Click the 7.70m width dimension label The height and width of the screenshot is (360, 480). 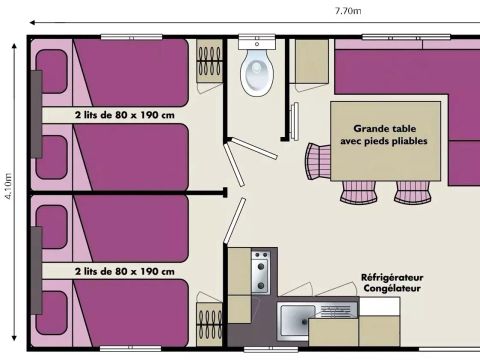[348, 11]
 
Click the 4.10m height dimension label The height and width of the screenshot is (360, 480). [8, 186]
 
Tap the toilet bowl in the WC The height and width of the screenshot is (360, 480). [257, 73]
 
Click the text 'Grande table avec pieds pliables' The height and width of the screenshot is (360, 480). [384, 135]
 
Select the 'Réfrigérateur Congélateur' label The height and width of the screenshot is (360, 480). [392, 283]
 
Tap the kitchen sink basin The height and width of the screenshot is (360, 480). [297, 321]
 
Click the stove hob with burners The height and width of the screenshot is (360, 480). [261, 272]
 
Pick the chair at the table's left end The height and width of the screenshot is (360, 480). [318, 162]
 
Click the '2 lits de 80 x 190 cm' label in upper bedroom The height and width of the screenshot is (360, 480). [125, 115]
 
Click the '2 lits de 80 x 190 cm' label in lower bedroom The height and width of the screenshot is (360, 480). [125, 271]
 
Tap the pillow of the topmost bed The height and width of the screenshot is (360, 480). [51, 71]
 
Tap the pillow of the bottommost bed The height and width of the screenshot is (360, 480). [51, 313]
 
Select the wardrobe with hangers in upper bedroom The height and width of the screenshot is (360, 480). [209, 61]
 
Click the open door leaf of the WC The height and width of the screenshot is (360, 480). [254, 148]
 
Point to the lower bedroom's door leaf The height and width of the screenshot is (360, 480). [234, 220]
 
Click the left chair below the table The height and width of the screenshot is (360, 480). [358, 192]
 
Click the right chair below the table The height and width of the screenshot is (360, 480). [412, 192]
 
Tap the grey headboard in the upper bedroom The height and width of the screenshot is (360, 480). [37, 114]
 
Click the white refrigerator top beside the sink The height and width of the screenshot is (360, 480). [380, 306]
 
